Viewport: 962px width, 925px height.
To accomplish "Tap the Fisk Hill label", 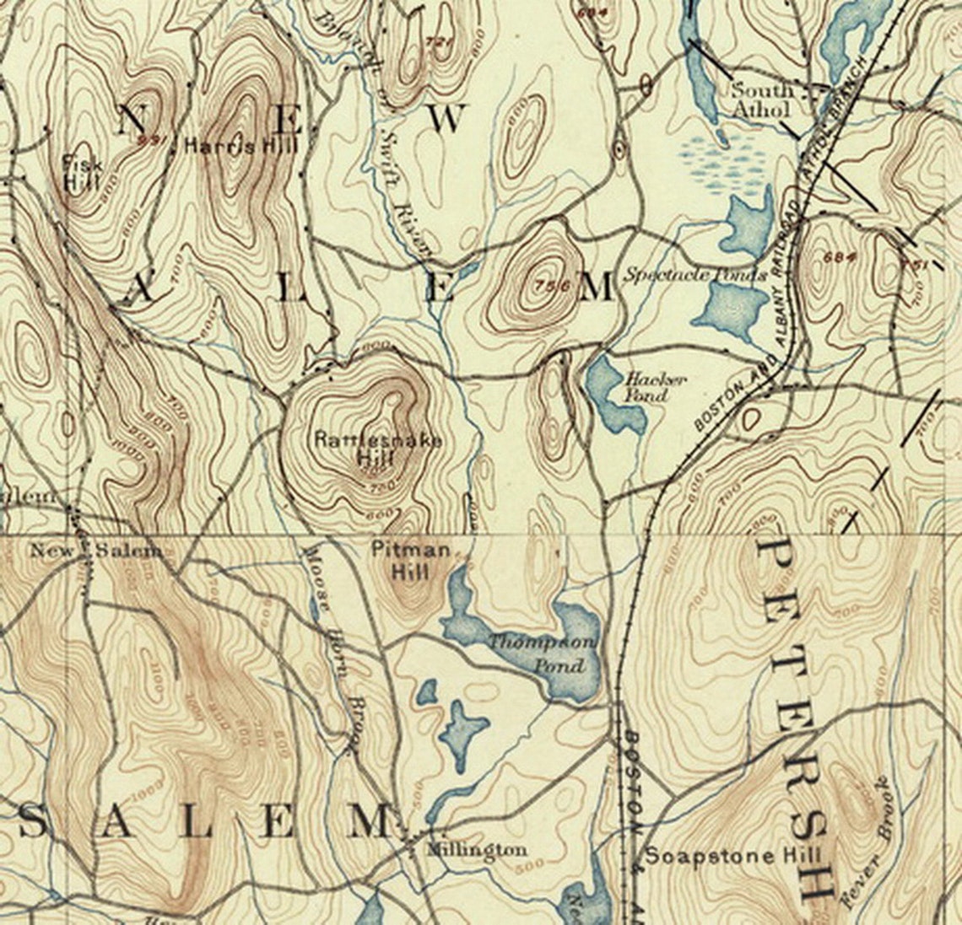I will tap(82, 172).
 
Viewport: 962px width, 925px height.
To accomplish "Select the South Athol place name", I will tap(762, 99).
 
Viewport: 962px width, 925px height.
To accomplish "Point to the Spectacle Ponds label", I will tap(694, 275).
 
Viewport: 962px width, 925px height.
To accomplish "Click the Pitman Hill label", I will tap(411, 561).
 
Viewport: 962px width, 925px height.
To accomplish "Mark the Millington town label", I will tap(477, 849).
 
